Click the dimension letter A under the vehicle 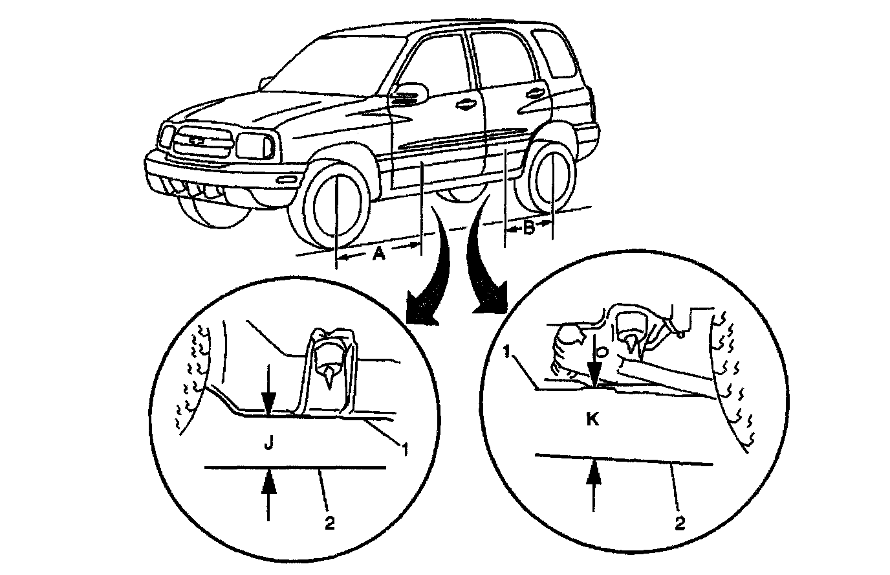tap(379, 254)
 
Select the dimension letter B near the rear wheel tap(528, 227)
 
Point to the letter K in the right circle tap(592, 419)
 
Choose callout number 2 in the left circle tap(329, 524)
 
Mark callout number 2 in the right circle tap(679, 523)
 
